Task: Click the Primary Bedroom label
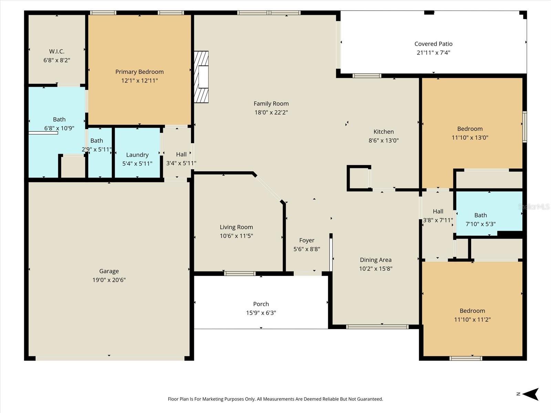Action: click(139, 72)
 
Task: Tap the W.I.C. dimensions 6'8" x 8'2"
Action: click(57, 60)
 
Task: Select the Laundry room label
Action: click(137, 155)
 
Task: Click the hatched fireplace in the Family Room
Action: click(201, 77)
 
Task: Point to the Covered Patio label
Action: click(433, 44)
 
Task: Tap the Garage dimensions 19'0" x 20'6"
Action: click(109, 280)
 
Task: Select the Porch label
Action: click(261, 304)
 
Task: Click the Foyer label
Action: click(306, 241)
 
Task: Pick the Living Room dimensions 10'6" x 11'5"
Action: click(236, 236)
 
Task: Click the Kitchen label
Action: click(383, 132)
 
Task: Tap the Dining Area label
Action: click(375, 260)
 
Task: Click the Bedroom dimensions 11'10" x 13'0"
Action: click(470, 138)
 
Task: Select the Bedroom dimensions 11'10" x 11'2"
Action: click(472, 320)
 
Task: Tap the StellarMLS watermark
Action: click(533, 207)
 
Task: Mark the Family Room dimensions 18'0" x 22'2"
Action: click(271, 113)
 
